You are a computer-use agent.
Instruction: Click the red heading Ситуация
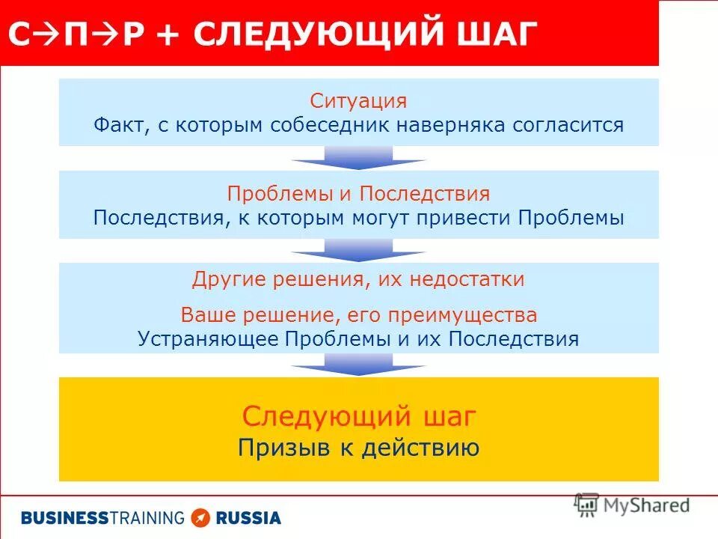pyautogui.click(x=358, y=102)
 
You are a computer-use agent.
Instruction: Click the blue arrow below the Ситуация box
pyautogui.click(x=358, y=157)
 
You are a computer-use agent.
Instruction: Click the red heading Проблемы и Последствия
pyautogui.click(x=358, y=194)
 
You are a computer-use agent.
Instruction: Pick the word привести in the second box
pyautogui.click(x=464, y=218)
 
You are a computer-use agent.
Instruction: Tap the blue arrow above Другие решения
pyautogui.click(x=358, y=250)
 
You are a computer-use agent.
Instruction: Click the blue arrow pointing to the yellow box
pyautogui.click(x=358, y=365)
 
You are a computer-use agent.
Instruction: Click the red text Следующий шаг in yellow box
pyautogui.click(x=358, y=416)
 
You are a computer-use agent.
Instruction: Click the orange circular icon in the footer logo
pyautogui.click(x=200, y=517)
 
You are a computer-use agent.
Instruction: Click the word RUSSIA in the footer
pyautogui.click(x=248, y=517)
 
